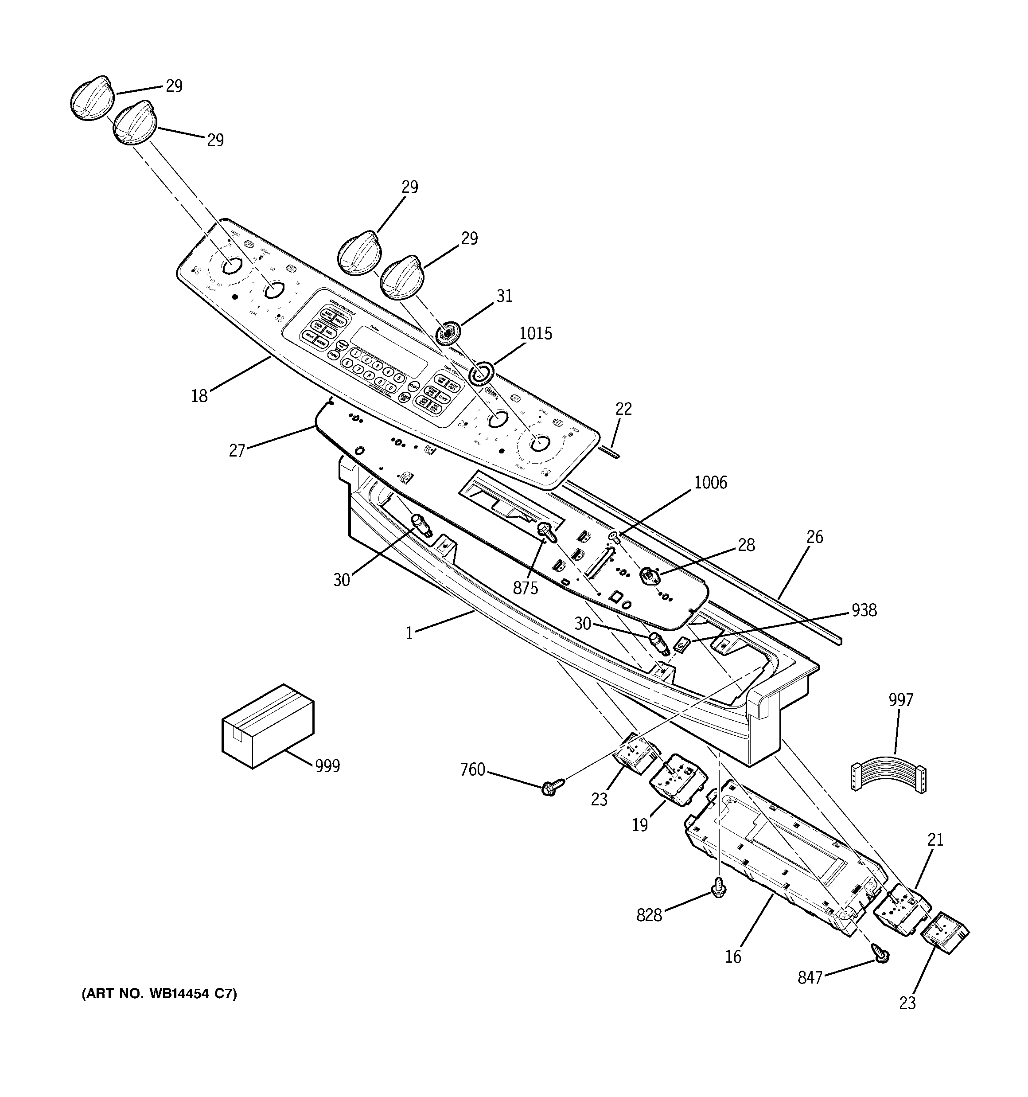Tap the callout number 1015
pyautogui.click(x=535, y=333)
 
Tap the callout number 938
pyautogui.click(x=863, y=610)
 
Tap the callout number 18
pyautogui.click(x=199, y=396)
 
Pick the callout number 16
pyautogui.click(x=733, y=956)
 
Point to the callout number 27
pyautogui.click(x=237, y=451)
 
